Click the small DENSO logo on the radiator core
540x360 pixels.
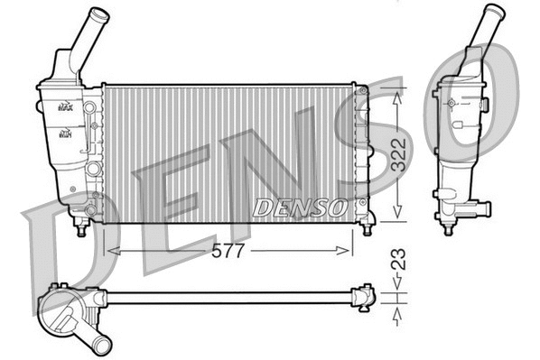299,208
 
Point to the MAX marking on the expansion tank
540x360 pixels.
65,106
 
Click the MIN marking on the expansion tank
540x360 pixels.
65,134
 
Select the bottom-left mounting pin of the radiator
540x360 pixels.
82,229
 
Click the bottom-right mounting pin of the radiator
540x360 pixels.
367,228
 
